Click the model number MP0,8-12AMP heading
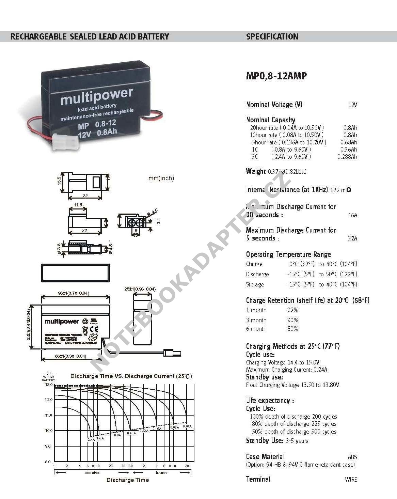coord(276,76)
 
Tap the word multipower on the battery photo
coord(96,96)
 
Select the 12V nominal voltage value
coord(352,105)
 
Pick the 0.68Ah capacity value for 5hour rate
coord(349,142)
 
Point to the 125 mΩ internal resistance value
coord(340,190)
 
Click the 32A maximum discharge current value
coord(352,238)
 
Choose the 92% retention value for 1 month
coord(292,310)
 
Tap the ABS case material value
coord(352,457)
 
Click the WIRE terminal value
coord(351,480)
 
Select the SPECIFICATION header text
coord(272,37)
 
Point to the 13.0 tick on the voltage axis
coord(49,385)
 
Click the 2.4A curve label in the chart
coord(91,440)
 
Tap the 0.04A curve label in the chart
coord(187,426)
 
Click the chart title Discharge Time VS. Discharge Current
coord(131,376)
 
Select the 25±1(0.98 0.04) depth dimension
coord(140,289)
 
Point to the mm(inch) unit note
coord(161,178)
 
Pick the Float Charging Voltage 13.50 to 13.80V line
coord(292,385)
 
